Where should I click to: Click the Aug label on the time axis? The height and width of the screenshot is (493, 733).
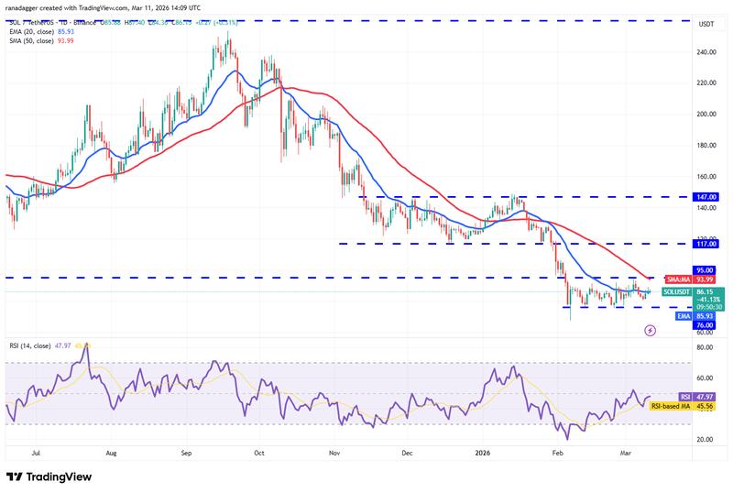(x=111, y=453)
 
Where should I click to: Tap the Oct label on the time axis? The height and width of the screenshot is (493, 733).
(x=258, y=453)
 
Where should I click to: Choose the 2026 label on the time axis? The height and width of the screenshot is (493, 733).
(x=483, y=453)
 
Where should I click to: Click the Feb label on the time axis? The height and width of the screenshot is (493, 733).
(x=556, y=453)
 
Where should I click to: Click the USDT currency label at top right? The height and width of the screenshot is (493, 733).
(x=706, y=24)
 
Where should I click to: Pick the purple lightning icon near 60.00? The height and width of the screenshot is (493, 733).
(x=651, y=331)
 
